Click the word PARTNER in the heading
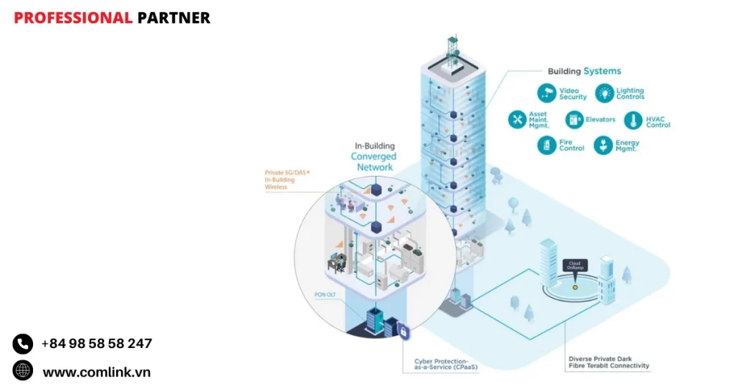173,18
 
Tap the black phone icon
23,344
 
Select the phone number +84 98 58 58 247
97,344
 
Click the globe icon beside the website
23,371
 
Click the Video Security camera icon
548,93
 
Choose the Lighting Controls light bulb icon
605,93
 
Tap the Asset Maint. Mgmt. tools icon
518,119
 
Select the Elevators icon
574,119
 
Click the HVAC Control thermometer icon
634,120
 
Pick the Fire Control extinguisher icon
548,146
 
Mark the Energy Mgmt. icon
605,146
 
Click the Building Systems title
584,71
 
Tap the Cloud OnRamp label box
574,265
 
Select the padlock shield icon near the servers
404,332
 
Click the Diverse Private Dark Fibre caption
609,362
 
